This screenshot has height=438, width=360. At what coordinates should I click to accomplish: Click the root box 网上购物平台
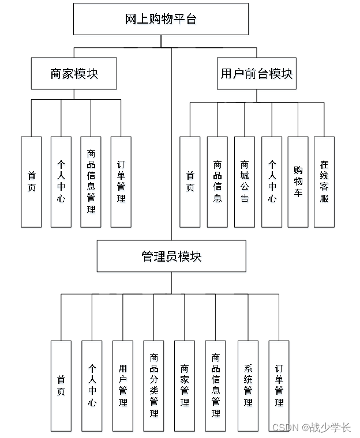[x=161, y=19]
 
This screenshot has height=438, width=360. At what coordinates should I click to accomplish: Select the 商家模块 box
[x=74, y=74]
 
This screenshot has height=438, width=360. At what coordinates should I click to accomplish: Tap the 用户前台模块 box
[x=257, y=74]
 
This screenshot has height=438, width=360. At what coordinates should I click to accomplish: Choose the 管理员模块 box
[x=171, y=256]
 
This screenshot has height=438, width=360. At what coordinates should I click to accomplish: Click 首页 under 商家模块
[x=31, y=182]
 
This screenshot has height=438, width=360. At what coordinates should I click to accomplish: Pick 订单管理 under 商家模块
[x=121, y=182]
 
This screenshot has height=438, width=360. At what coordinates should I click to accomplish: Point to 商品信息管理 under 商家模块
[x=91, y=182]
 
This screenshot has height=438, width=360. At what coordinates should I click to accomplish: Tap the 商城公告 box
[x=245, y=182]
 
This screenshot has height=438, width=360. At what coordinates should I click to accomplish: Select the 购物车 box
[x=298, y=182]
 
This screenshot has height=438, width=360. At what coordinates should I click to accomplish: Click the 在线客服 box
[x=324, y=182]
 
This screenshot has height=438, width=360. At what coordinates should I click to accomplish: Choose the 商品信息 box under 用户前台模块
[x=217, y=182]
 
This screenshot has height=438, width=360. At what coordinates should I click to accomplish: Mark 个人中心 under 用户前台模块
[x=272, y=182]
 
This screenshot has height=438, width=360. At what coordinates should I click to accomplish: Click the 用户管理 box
[x=123, y=386]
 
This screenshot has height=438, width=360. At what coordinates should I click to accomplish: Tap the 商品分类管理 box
[x=153, y=386]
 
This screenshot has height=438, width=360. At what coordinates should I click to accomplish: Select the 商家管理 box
[x=185, y=386]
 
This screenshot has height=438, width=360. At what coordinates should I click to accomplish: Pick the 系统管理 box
[x=248, y=386]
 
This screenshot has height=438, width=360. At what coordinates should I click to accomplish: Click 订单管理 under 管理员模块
[x=279, y=386]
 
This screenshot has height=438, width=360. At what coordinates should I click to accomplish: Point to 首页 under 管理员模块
[x=61, y=386]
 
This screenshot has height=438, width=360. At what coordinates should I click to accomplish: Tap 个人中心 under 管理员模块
[x=92, y=386]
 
